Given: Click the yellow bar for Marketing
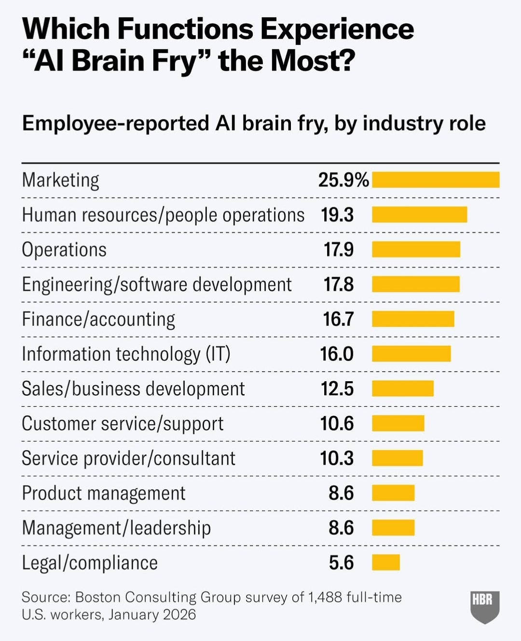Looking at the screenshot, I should point(436,180).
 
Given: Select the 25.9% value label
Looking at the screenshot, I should point(343,180).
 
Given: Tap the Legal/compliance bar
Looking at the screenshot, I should point(386,562).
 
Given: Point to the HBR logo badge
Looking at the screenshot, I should point(484,606).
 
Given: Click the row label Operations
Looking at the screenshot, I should point(64,250).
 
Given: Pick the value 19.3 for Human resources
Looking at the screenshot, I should point(337,215).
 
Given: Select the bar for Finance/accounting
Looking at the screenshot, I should point(413,319).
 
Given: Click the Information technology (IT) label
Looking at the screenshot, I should point(126,354).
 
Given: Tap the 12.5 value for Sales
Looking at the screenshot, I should point(337,389).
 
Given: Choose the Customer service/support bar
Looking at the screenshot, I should point(398,424).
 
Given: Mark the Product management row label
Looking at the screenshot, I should point(104,493).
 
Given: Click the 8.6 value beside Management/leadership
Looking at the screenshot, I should point(341,528).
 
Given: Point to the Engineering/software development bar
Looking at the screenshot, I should point(416,284).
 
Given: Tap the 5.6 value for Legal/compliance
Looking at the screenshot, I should point(341,562).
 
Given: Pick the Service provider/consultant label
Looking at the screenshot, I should point(128,458).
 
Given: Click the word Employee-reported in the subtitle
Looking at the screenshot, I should point(115,123).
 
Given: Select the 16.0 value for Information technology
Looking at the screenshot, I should point(337,354).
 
